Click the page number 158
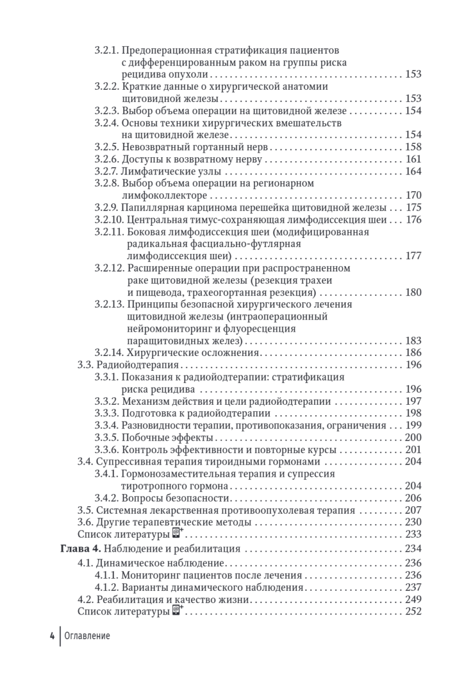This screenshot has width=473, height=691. [x=414, y=147]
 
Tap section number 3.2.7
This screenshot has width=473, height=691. [x=106, y=171]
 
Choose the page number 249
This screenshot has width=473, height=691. [x=414, y=599]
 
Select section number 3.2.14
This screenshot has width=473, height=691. [x=109, y=352]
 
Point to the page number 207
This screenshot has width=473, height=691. [x=414, y=510]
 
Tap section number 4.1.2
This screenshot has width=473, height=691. [x=106, y=587]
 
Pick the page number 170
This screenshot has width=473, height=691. [x=414, y=195]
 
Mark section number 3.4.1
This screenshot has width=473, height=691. [x=106, y=473]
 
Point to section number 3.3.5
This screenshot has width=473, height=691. [x=106, y=438]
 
